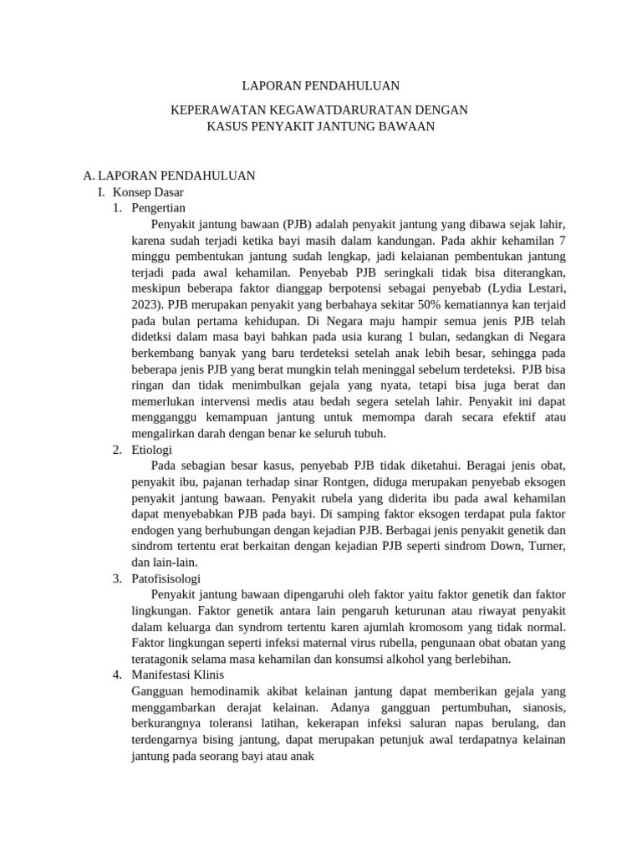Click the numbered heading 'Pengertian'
pyautogui.click(x=159, y=207)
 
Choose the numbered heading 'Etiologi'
pyautogui.click(x=152, y=449)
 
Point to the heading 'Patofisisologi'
pyautogui.click(x=166, y=578)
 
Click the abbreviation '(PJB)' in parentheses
pyautogui.click(x=298, y=224)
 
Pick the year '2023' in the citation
pyautogui.click(x=146, y=304)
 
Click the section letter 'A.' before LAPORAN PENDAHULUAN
pyautogui.click(x=89, y=176)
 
